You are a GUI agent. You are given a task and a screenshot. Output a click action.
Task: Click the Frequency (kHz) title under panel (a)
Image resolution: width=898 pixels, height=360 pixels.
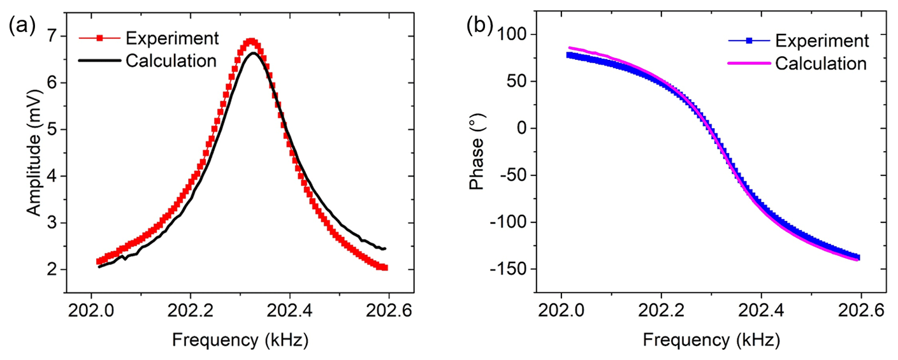240,340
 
